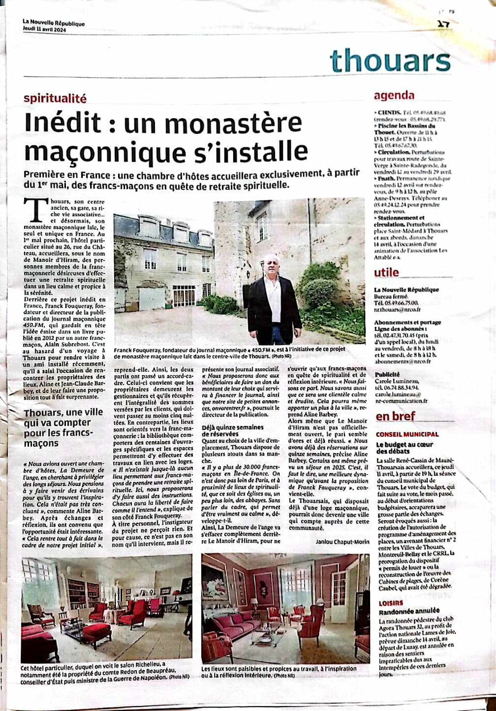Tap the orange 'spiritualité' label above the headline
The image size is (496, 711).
click(x=55, y=99)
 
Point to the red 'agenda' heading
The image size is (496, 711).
click(x=394, y=96)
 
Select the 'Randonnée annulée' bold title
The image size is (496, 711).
click(x=408, y=611)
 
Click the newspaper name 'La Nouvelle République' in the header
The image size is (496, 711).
click(x=53, y=24)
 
